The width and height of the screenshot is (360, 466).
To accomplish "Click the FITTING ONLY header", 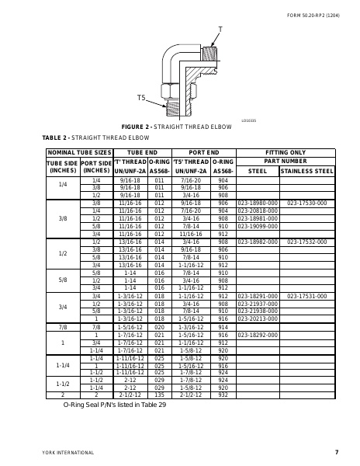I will coord(284,153).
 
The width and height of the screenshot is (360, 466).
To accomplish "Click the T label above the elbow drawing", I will coord(220,29).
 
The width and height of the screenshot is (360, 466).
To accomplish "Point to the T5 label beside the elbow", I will coord(141,97).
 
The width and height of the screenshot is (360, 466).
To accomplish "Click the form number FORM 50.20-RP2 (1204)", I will coord(313,15).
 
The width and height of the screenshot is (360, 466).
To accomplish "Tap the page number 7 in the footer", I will coord(337,452).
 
